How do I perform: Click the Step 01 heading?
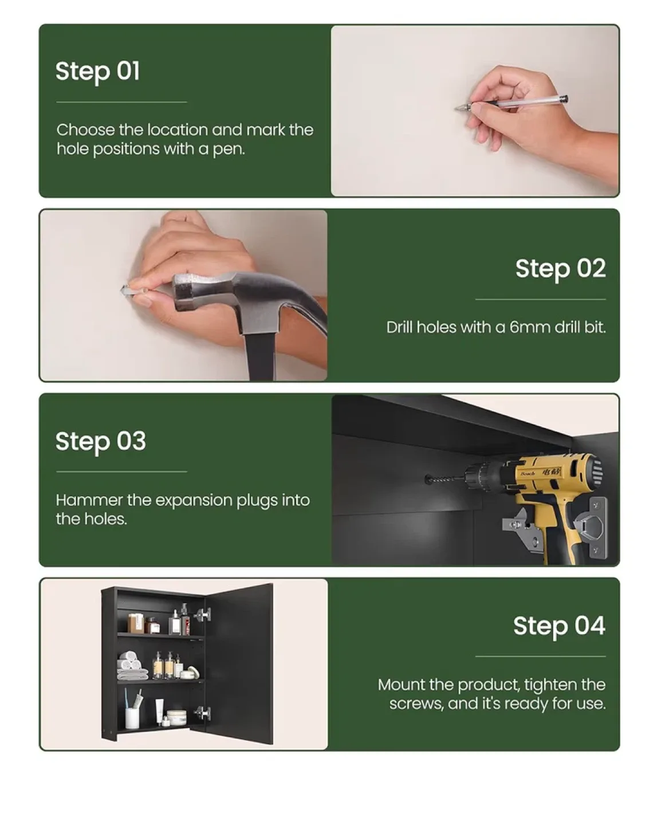point(97,72)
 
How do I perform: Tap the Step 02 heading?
point(560,269)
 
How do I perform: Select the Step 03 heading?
point(101,442)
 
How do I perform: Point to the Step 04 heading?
point(559,626)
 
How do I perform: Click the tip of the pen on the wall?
point(455,109)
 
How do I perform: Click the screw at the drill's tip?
point(442,480)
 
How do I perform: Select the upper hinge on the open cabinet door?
point(203,615)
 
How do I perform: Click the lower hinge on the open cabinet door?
point(203,713)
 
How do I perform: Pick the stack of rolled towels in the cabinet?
point(132,667)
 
